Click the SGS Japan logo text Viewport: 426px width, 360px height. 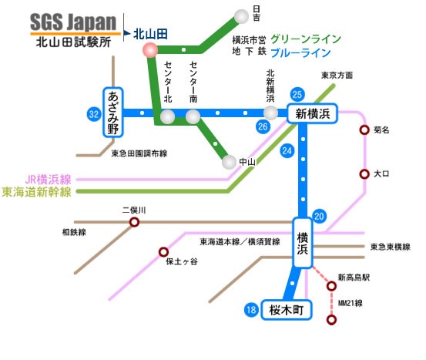coord(73,22)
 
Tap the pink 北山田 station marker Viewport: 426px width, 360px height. coord(150,50)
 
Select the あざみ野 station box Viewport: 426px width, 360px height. coord(113,113)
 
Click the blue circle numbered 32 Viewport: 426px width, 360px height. coord(94,114)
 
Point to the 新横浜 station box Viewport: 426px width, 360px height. coord(313,113)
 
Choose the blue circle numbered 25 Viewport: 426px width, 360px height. coord(297,94)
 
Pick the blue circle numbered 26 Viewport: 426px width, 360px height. coord(263,126)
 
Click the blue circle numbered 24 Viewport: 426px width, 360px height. coord(287,151)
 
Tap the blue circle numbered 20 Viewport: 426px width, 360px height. coord(319,217)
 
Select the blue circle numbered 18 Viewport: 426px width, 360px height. coord(251,310)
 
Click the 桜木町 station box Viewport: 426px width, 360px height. coord(287,310)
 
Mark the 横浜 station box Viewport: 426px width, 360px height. coord(303,243)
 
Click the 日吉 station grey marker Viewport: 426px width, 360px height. coord(241,16)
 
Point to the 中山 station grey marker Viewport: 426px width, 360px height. coord(229,162)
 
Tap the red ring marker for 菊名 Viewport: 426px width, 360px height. coord(364,130)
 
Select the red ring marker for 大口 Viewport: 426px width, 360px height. coord(364,173)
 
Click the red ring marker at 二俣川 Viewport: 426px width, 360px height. coord(134,222)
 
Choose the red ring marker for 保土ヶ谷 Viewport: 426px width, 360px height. coord(163,252)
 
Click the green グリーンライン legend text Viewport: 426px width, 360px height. coord(306,39)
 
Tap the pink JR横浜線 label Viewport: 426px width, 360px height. coord(48,180)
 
